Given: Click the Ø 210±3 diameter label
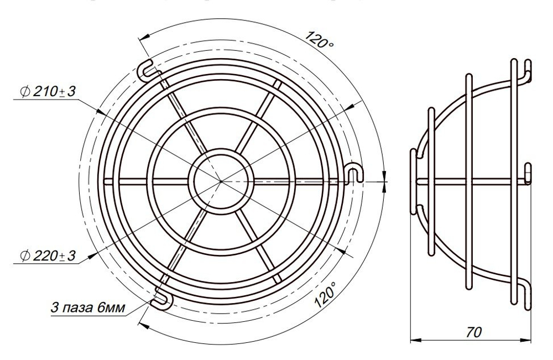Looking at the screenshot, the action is pos(48,92).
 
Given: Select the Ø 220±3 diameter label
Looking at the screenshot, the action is pos(48,255).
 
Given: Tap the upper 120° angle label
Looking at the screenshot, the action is pos(319,40).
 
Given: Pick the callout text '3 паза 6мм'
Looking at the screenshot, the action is pos(88,307).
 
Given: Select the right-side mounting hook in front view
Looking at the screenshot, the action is pos(354,173).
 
